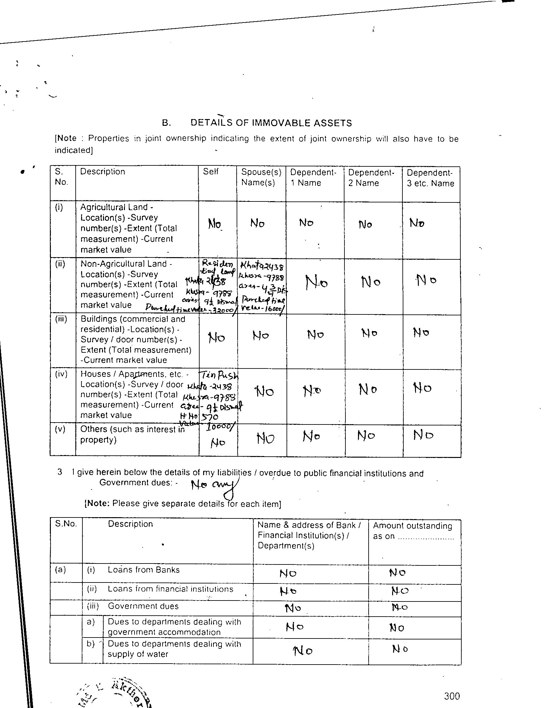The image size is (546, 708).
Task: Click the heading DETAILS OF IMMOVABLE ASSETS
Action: click(271, 123)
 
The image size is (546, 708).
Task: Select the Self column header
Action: click(211, 172)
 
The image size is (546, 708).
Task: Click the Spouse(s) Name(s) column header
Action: click(261, 177)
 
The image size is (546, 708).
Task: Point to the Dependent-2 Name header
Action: click(371, 178)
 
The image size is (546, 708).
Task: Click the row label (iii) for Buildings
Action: click(61, 319)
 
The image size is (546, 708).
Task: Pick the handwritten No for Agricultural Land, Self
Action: click(214, 224)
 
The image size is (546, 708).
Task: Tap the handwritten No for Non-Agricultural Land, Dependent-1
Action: click(316, 283)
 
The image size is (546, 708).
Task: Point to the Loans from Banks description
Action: click(143, 570)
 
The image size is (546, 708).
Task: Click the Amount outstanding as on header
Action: click(412, 531)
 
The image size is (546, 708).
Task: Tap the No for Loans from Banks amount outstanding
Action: click(397, 573)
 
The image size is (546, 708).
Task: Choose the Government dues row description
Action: click(143, 606)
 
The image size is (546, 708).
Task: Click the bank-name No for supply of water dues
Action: click(303, 651)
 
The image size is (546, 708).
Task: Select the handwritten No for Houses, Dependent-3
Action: click(422, 388)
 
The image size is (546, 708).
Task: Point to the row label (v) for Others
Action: click(60, 429)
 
